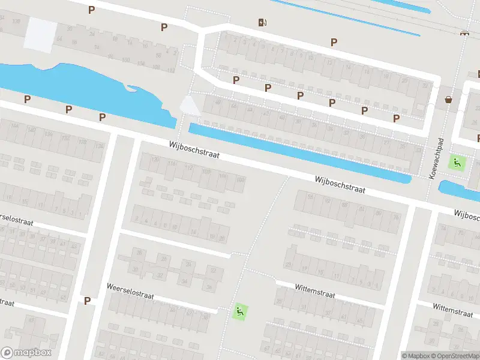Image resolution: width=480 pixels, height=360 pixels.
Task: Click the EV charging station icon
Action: pos(262,23)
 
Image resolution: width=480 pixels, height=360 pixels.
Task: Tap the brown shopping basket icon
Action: pos(448,99)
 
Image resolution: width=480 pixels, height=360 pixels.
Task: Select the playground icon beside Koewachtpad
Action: pos(458,161)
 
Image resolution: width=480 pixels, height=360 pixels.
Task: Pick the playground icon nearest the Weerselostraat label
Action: pos(239,311)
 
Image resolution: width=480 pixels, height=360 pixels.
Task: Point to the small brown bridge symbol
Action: pos(463,33)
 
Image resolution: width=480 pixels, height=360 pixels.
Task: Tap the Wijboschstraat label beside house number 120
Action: pos(194,150)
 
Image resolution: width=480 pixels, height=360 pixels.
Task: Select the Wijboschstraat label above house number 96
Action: pos(340,184)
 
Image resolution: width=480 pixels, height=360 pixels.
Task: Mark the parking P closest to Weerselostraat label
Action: pos(88,301)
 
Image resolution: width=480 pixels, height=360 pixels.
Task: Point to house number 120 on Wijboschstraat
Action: pos(156,160)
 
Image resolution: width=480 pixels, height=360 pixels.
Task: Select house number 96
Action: pos(310,197)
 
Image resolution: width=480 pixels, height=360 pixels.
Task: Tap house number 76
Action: pos(396,217)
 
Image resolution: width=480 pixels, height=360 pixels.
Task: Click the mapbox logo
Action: pos(26,353)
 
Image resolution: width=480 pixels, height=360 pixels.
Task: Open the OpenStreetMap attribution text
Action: pos(457,356)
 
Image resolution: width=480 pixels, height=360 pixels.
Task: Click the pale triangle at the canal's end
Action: pos(190,106)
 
